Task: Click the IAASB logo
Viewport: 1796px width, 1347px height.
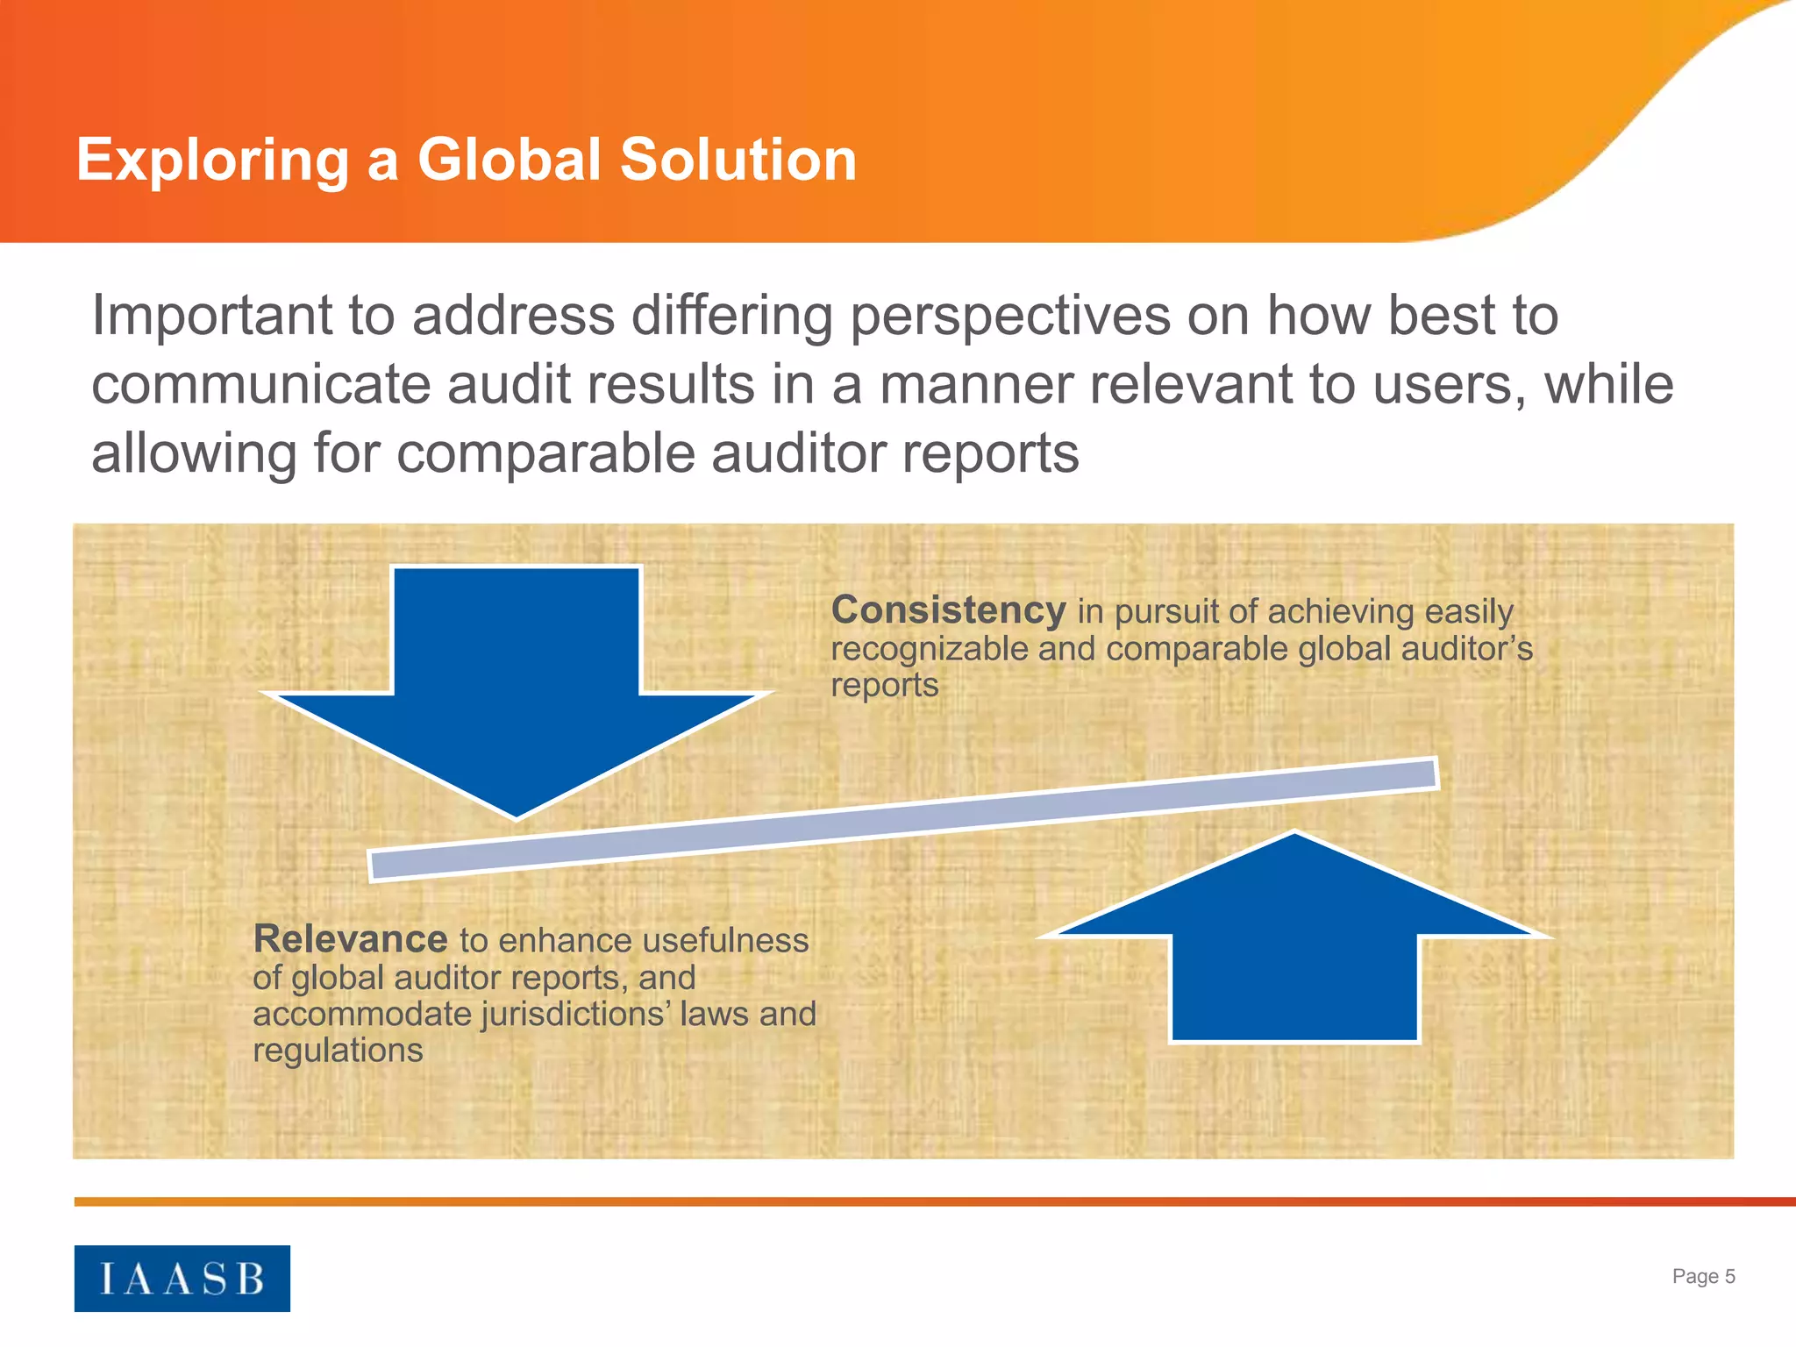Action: (182, 1278)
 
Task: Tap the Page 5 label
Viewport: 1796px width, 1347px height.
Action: (1703, 1276)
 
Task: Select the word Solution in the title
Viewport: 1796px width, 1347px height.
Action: (738, 160)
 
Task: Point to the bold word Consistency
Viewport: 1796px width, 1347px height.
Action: (948, 610)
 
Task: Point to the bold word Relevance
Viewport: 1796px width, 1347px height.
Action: (350, 939)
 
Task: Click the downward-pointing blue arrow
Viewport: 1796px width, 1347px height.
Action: (517, 684)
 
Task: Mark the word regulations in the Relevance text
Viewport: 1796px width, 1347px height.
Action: (338, 1051)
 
